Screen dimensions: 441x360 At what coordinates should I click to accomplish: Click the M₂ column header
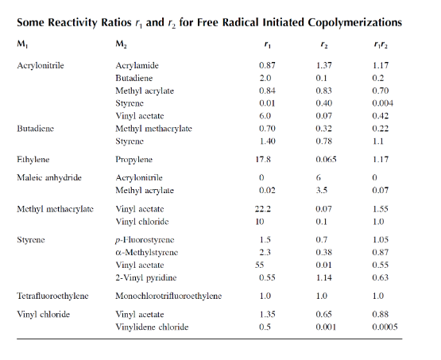[x=121, y=45]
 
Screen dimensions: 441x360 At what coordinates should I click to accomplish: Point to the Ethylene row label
[x=37, y=159]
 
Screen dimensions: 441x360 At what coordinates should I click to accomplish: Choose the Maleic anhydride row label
[x=49, y=178]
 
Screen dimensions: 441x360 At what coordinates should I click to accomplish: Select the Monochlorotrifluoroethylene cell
[x=168, y=296]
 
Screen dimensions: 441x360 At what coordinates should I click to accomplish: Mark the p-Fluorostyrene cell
[x=145, y=239]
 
